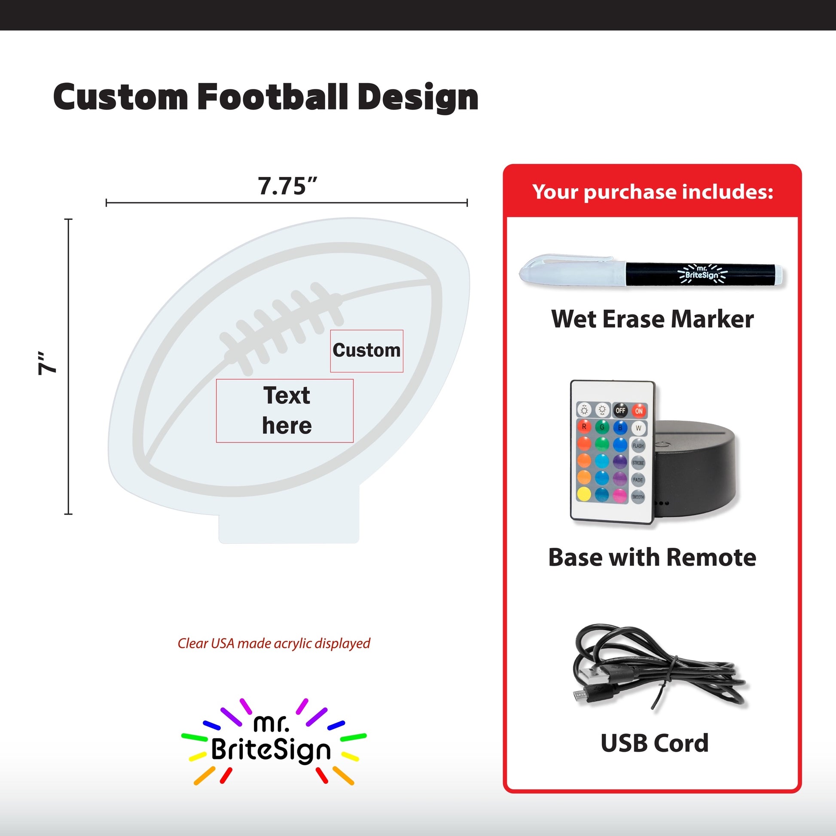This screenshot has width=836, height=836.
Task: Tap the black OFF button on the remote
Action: click(x=620, y=410)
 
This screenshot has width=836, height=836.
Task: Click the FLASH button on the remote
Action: click(x=638, y=445)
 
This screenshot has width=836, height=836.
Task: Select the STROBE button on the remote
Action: click(x=638, y=463)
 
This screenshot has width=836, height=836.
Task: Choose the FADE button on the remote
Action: click(x=638, y=480)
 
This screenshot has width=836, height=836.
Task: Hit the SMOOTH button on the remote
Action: click(x=638, y=497)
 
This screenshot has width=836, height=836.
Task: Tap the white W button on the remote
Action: click(x=638, y=428)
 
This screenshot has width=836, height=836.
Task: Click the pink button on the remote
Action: click(x=619, y=495)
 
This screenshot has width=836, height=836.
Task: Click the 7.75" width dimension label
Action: click(x=288, y=186)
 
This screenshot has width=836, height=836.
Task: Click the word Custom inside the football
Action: click(x=366, y=350)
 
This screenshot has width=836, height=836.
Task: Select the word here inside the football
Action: click(x=287, y=426)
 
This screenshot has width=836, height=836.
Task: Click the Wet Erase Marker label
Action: click(x=653, y=319)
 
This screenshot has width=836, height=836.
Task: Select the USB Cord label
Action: click(x=655, y=742)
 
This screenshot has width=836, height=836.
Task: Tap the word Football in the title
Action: click(x=273, y=97)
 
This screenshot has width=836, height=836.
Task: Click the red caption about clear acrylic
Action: click(x=274, y=644)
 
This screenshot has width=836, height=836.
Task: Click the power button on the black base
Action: click(x=661, y=443)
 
